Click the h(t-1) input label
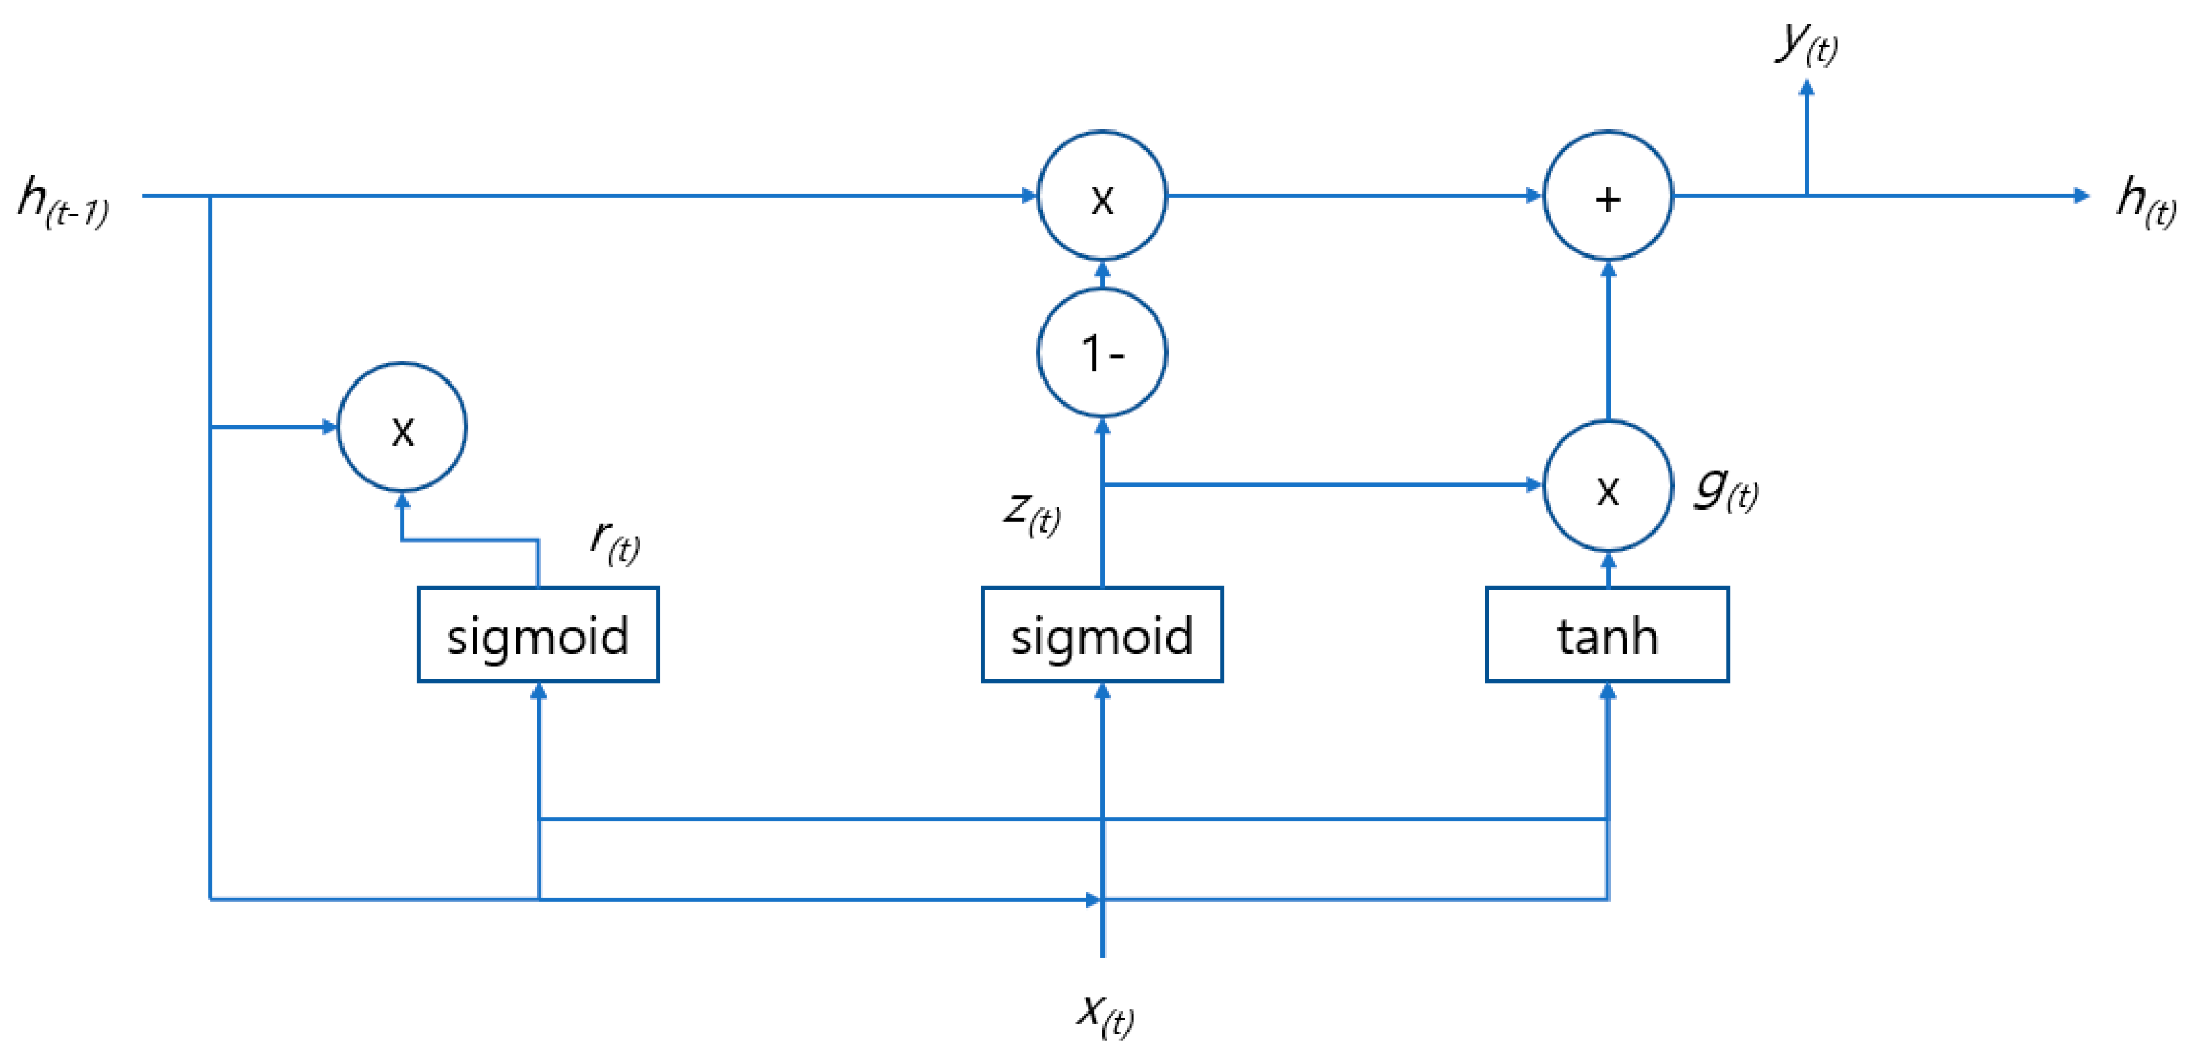(x=63, y=202)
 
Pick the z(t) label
(x=1031, y=512)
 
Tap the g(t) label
(x=1726, y=489)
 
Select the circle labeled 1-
(x=1102, y=353)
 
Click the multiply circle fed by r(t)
(x=402, y=427)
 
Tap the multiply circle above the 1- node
(x=1102, y=196)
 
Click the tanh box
(x=1606, y=635)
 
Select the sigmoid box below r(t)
(x=538, y=635)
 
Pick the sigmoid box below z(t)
(x=1102, y=635)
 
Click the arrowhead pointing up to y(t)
(x=1806, y=87)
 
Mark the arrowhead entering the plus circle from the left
(x=1534, y=196)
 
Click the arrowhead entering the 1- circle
(x=1102, y=425)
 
